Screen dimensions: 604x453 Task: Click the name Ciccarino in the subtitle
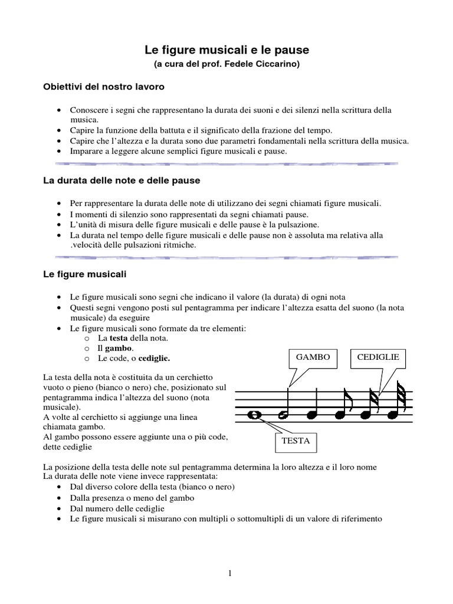click(x=279, y=64)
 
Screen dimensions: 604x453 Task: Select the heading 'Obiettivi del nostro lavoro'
click(x=103, y=87)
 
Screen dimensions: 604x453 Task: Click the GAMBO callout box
click(x=313, y=357)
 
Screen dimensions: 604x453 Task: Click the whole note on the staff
click(x=255, y=415)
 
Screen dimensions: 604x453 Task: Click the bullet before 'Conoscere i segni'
click(x=61, y=111)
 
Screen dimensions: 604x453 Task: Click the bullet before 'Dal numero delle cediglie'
click(x=61, y=508)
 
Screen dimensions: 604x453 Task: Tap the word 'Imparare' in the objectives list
click(x=87, y=151)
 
